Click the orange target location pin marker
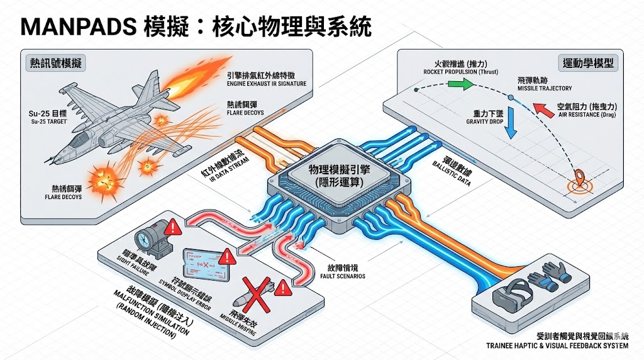pyautogui.click(x=577, y=177)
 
